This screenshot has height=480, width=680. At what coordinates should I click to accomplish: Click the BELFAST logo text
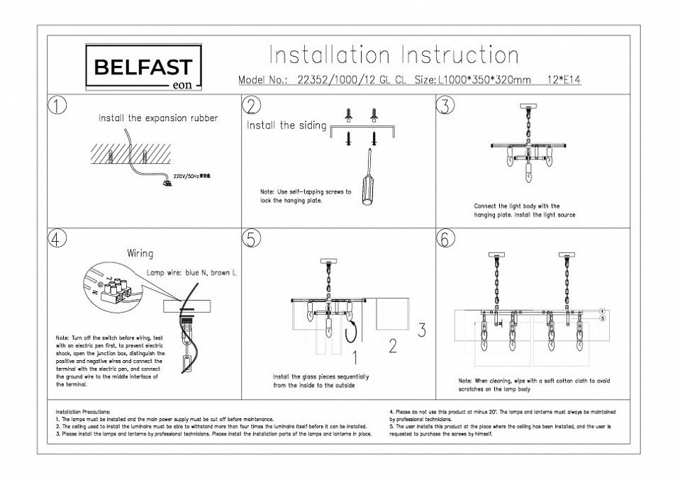pyautogui.click(x=143, y=67)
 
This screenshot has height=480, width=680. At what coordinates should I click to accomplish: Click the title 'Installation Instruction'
pyautogui.click(x=394, y=55)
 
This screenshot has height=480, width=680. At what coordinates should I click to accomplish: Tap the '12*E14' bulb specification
pyautogui.click(x=565, y=80)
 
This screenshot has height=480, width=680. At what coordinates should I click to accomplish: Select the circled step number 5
pyautogui.click(x=251, y=240)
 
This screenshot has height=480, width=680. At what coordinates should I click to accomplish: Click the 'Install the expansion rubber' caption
pyautogui.click(x=158, y=118)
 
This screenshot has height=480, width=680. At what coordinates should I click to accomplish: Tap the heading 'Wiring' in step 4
pyautogui.click(x=140, y=252)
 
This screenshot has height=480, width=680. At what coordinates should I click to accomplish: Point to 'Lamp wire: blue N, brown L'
pyautogui.click(x=194, y=272)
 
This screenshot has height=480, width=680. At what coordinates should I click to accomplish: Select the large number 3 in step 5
pyautogui.click(x=420, y=330)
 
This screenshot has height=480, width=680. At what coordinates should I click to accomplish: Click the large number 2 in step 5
pyautogui.click(x=391, y=347)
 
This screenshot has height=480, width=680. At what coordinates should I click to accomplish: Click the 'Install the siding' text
pyautogui.click(x=286, y=126)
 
